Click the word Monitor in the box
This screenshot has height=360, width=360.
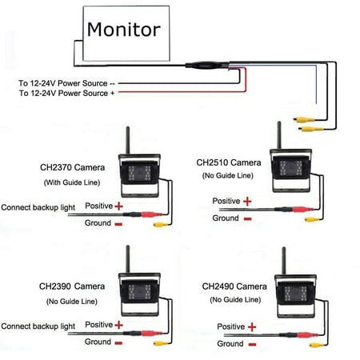(x=124, y=30)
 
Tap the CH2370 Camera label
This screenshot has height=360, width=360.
(x=72, y=167)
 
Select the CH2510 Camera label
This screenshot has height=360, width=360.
(x=229, y=162)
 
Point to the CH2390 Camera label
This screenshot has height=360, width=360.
(x=72, y=286)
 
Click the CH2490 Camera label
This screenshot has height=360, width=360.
(x=234, y=286)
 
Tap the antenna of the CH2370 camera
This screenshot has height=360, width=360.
(x=128, y=140)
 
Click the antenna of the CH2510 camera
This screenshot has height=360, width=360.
(x=279, y=135)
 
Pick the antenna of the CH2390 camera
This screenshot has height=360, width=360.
(x=128, y=259)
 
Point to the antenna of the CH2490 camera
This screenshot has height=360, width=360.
(x=284, y=261)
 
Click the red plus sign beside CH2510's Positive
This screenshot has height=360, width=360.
(x=247, y=202)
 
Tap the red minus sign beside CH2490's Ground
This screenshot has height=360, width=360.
(x=252, y=345)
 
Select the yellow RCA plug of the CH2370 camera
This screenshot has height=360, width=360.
(x=160, y=225)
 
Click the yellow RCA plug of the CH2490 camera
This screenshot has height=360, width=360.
(x=316, y=346)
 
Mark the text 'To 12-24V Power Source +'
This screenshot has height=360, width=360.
(x=66, y=93)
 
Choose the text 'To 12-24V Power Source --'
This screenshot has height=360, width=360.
(x=66, y=83)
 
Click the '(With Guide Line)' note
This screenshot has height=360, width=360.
(x=72, y=182)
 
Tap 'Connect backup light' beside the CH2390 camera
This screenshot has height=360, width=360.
(x=38, y=326)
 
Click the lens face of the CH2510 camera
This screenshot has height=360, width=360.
(x=290, y=167)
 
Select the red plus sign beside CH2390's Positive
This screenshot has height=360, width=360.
(x=118, y=325)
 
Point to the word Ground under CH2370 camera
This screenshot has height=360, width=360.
(x=98, y=222)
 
